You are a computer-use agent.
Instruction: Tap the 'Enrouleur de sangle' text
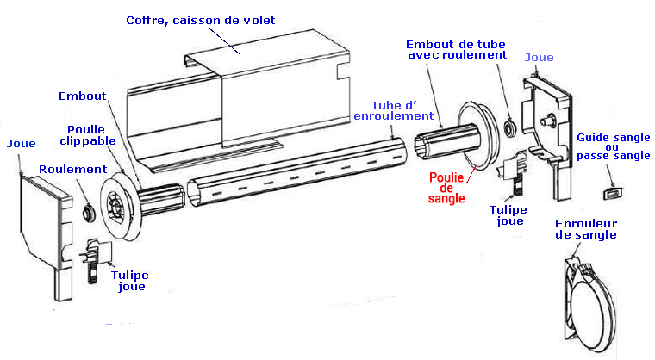(586, 228)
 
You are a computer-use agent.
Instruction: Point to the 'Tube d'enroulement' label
(393, 109)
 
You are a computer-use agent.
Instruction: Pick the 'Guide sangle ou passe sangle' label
(613, 147)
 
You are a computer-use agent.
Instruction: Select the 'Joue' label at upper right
(540, 57)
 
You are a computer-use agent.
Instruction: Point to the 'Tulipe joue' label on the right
(508, 214)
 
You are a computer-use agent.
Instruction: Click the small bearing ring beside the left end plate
(87, 211)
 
